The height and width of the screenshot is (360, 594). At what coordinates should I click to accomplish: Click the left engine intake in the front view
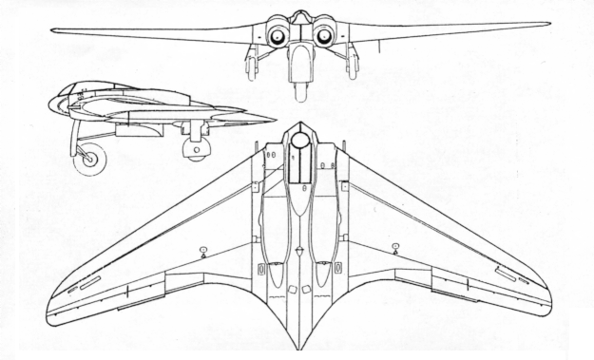coord(278,36)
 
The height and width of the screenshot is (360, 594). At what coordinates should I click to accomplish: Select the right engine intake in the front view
coord(323,36)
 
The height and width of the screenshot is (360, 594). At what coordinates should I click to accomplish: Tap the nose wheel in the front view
coord(300,90)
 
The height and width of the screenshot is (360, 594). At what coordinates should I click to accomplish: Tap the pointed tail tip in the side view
coord(274,120)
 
